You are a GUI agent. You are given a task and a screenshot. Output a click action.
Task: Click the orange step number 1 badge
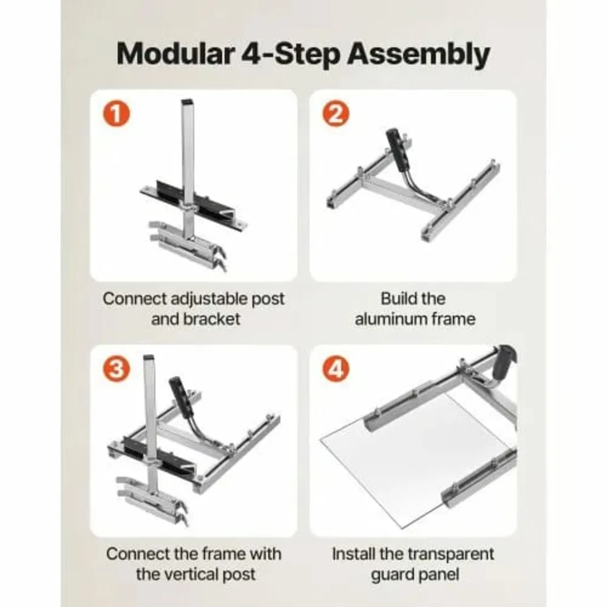[116, 115]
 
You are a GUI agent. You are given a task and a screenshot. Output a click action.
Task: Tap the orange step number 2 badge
[335, 115]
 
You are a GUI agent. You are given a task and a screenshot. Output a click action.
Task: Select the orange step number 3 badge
[116, 369]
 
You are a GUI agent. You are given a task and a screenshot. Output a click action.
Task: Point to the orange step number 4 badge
[335, 369]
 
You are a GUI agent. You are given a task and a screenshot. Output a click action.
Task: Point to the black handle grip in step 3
[178, 391]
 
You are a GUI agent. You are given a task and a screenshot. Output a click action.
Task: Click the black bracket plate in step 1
[167, 192]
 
